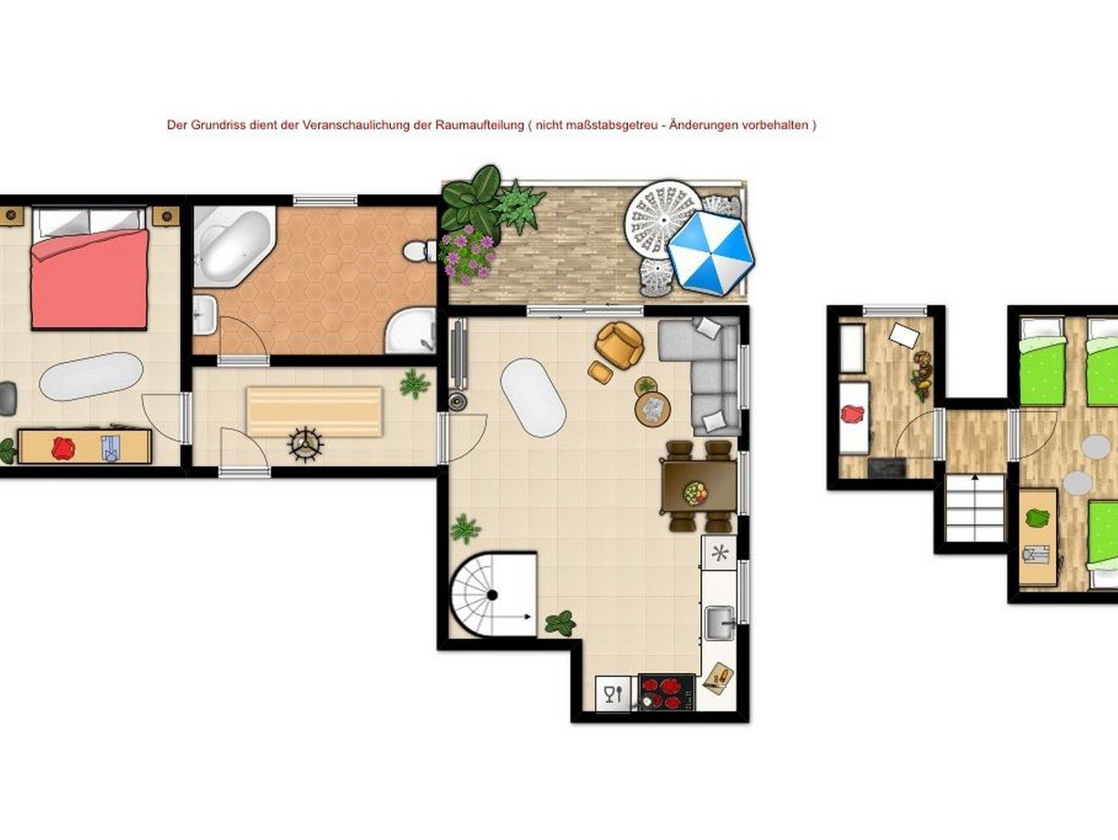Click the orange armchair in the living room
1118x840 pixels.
coord(620,345)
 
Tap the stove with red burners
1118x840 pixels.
coord(667,692)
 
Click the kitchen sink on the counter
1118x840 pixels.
coord(720,623)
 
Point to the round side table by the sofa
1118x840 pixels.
coord(653,407)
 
